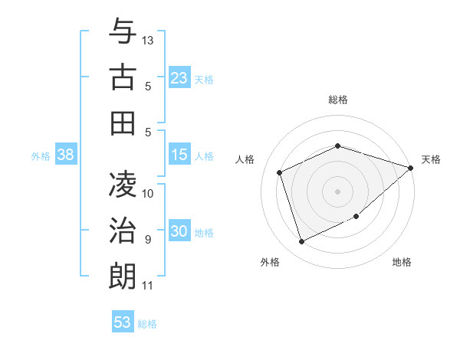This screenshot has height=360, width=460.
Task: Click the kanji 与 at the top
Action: [123, 33]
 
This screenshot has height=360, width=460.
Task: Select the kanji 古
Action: [123, 78]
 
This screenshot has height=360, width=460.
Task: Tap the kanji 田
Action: [123, 123]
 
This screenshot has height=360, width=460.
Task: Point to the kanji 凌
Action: [123, 184]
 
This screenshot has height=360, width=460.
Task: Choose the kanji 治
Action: [123, 229]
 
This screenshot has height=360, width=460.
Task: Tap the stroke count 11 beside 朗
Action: [147, 286]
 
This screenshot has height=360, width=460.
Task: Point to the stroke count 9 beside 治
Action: [147, 240]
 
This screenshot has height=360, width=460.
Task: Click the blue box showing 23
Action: [179, 78]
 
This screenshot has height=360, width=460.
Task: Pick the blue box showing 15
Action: [179, 155]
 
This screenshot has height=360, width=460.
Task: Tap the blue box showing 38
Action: [65, 155]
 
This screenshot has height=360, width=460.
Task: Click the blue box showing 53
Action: [122, 322]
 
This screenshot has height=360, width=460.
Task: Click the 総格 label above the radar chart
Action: [337, 100]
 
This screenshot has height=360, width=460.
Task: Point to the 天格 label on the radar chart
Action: [431, 159]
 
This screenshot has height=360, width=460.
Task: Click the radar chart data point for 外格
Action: [301, 242]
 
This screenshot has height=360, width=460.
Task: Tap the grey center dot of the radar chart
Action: [337, 191]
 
